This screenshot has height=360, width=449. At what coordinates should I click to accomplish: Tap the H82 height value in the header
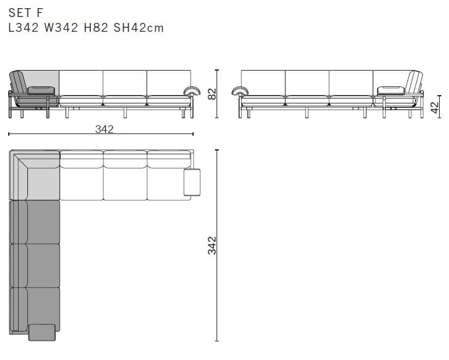click(95, 27)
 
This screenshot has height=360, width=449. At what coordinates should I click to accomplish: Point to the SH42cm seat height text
click(138, 27)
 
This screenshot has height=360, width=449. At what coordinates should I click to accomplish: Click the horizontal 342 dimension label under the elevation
click(104, 129)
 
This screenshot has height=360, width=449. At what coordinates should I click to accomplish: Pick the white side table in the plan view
click(192, 182)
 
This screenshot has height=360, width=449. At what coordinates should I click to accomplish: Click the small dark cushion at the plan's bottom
click(42, 332)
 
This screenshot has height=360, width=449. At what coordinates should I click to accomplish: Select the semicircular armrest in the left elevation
click(192, 91)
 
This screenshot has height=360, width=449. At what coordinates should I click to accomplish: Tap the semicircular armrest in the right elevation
click(239, 91)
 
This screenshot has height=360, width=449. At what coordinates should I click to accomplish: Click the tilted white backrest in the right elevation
click(414, 83)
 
